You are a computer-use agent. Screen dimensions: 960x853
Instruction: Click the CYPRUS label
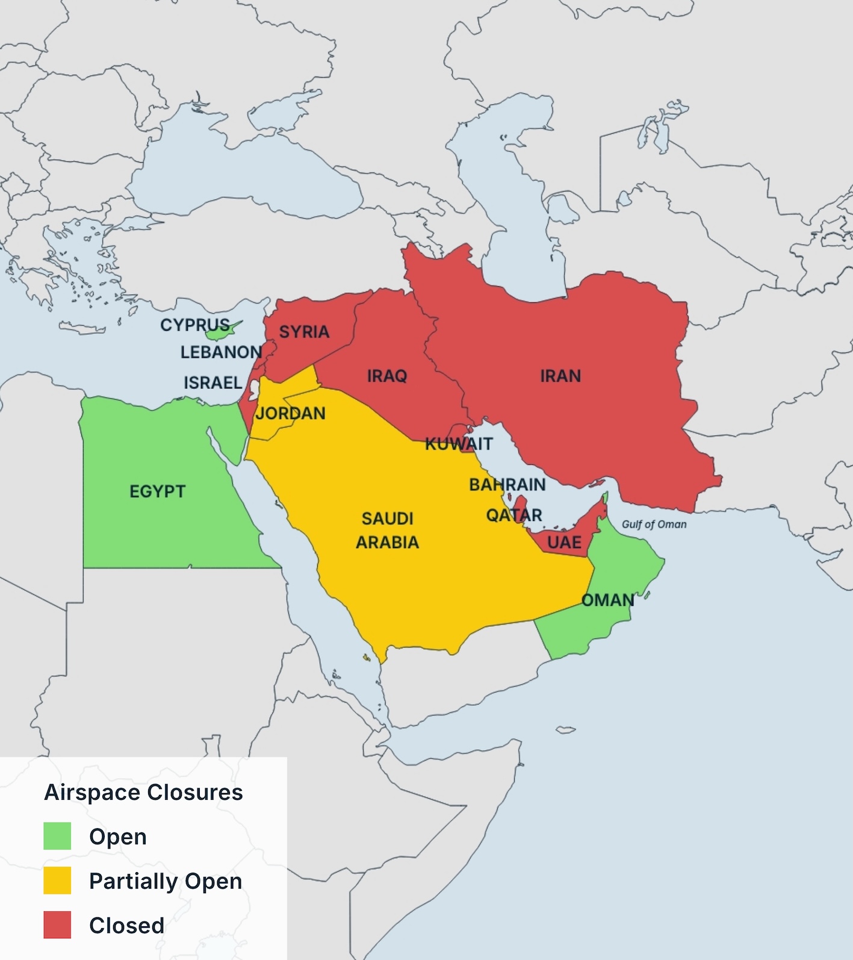(194, 325)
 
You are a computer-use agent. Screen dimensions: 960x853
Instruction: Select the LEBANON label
(221, 352)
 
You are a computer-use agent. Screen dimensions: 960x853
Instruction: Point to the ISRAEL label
(212, 383)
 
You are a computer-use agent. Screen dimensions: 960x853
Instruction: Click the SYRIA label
(304, 332)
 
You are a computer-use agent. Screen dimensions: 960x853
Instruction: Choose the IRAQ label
(387, 376)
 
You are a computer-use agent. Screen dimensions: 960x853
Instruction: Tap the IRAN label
(560, 376)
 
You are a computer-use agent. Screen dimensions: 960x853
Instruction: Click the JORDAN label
(290, 414)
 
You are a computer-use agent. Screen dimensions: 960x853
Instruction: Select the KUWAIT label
(459, 444)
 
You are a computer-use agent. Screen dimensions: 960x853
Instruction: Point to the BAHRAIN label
(507, 485)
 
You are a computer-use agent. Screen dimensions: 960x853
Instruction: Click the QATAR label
(514, 516)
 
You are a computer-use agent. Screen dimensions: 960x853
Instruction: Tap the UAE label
(564, 543)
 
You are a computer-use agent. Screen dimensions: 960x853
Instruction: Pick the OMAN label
(607, 600)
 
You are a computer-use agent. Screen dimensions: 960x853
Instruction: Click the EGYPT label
(157, 491)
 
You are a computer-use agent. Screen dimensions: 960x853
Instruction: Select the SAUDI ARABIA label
(387, 531)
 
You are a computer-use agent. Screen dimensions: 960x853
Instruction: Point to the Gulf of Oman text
(654, 525)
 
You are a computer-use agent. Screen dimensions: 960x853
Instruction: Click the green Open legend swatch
(57, 836)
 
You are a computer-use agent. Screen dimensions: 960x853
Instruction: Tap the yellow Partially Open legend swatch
(57, 881)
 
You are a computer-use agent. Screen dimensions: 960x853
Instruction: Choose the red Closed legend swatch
(57, 925)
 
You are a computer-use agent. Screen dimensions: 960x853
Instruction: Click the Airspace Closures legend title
(143, 793)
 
